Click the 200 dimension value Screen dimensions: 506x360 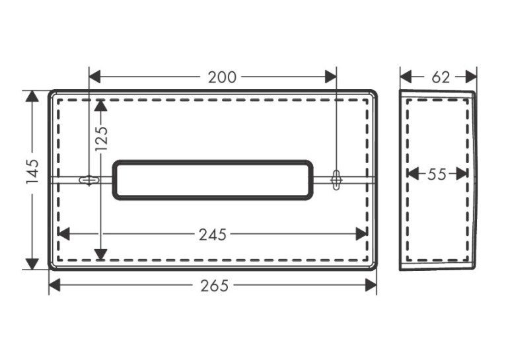pos(222,77)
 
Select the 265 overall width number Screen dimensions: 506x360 pos(214,286)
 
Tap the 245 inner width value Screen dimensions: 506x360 pos(213,235)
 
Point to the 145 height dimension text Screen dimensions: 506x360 pos(32,171)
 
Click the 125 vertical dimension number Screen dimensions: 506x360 pos(102,138)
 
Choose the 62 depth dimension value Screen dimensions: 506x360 pos(441,77)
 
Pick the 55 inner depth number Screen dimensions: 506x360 pos(437,174)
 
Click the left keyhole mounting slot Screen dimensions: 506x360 pos(89,180)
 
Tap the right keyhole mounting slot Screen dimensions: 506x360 pos(336,180)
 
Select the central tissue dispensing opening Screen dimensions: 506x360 pos(213,180)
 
